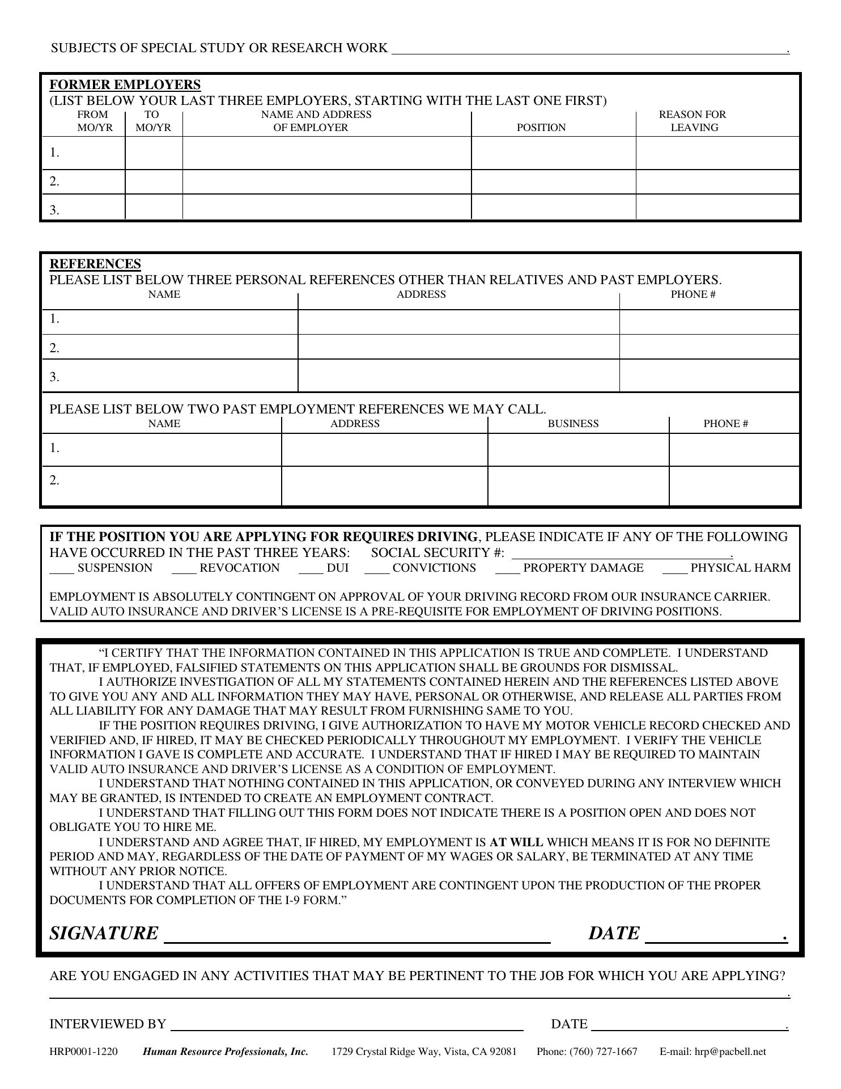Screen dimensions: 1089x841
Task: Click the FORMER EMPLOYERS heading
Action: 125,85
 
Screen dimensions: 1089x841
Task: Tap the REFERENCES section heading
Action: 95,264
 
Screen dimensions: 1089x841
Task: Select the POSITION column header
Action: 541,128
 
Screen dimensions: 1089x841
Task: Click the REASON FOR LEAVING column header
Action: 693,121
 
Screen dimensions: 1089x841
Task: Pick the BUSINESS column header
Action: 573,424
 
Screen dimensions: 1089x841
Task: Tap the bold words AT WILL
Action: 516,842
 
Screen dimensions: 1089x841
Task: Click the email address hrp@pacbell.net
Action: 730,1052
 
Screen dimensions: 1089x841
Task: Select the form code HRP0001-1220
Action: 84,1052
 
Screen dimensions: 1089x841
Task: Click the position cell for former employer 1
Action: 553,153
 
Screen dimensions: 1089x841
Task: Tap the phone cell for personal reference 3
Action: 709,375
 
